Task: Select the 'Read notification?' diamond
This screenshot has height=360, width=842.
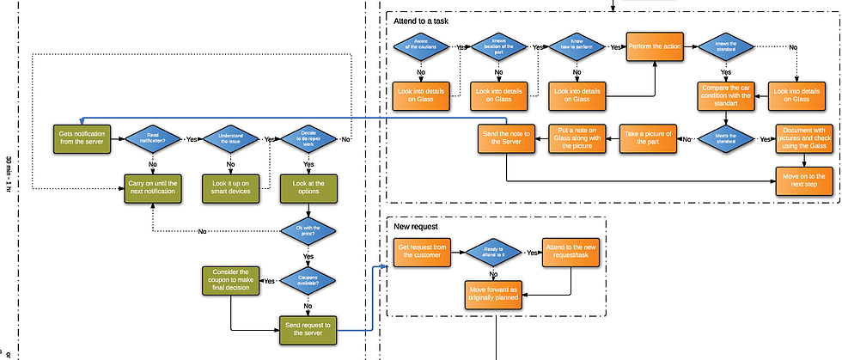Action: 153,139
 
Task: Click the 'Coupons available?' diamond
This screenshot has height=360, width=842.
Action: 308,280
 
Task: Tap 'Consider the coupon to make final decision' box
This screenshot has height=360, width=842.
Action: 230,280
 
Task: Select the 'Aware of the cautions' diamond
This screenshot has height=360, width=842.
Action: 421,46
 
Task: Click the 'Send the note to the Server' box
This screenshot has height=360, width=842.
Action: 506,138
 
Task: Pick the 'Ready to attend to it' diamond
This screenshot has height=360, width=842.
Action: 493,253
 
